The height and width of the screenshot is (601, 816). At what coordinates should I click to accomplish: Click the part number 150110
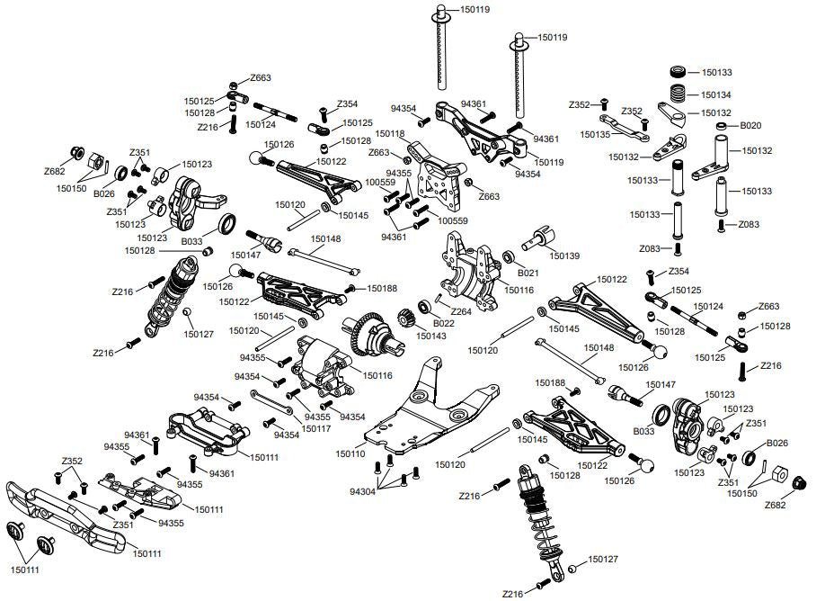pyautogui.click(x=350, y=454)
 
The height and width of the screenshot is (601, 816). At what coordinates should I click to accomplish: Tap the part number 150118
pyautogui.click(x=387, y=133)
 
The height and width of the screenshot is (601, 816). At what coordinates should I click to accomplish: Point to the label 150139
pyautogui.click(x=565, y=256)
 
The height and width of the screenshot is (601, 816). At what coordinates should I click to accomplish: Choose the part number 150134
pyautogui.click(x=716, y=94)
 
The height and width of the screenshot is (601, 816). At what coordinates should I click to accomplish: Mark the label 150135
pyautogui.click(x=596, y=134)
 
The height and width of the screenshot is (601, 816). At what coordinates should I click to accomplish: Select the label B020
pyautogui.click(x=750, y=126)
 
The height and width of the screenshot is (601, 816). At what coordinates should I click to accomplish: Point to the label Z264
pyautogui.click(x=461, y=311)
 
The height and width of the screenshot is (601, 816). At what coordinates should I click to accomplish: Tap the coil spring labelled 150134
pyautogui.click(x=683, y=94)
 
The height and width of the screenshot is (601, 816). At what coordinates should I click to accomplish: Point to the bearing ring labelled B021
pyautogui.click(x=509, y=256)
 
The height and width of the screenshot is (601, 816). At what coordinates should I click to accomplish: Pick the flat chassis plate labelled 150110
pyautogui.click(x=431, y=414)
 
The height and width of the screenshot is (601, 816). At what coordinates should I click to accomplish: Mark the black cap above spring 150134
pyautogui.click(x=683, y=73)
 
